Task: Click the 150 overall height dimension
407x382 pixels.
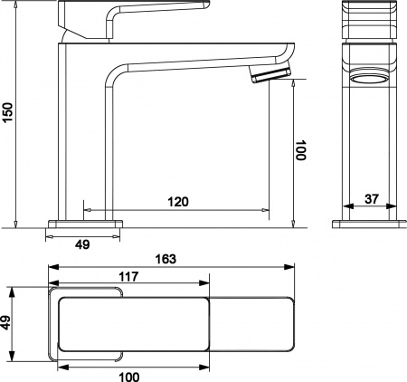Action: click(x=9, y=111)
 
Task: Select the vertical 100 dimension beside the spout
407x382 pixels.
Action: click(x=301, y=149)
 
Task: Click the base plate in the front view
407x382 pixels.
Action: click(x=371, y=223)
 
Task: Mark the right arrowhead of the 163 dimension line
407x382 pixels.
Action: click(x=290, y=267)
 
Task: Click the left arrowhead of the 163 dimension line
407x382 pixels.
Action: click(x=52, y=267)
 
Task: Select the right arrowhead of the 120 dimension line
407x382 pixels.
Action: click(x=267, y=210)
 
